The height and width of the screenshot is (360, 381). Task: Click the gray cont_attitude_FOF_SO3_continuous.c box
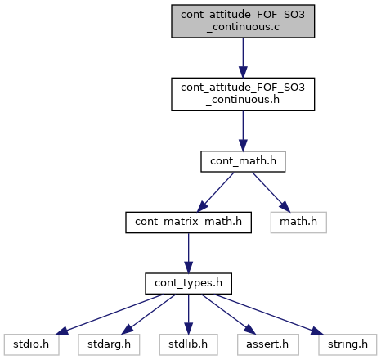pos(243,21)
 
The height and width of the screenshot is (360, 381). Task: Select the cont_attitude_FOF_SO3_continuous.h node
pos(243,94)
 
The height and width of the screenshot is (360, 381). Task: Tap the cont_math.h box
pos(243,161)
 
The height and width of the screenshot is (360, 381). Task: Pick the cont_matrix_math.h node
pos(188,223)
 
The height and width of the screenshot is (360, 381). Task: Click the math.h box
pos(298,223)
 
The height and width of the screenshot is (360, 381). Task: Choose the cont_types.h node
pos(188,283)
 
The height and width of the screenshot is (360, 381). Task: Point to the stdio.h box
pos(31,344)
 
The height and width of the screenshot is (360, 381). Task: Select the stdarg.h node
pos(109,344)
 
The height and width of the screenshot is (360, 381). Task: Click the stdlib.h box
pos(188,344)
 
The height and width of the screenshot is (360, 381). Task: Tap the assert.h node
pos(268,344)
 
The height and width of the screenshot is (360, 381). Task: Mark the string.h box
pos(347,344)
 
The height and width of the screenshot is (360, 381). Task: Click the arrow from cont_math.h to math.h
pos(271,192)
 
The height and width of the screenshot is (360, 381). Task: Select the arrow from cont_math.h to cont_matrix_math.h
pos(215,192)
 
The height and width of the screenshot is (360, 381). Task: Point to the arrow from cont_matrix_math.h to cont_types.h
pos(188,253)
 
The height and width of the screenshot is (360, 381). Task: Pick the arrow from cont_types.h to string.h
pos(268,314)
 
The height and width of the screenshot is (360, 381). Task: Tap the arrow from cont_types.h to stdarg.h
pos(149,314)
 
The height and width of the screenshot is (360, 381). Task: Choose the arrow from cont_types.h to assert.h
pos(229,314)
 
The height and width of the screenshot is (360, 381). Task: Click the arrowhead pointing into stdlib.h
pos(188,328)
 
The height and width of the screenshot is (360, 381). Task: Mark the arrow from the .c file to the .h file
pos(243,58)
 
